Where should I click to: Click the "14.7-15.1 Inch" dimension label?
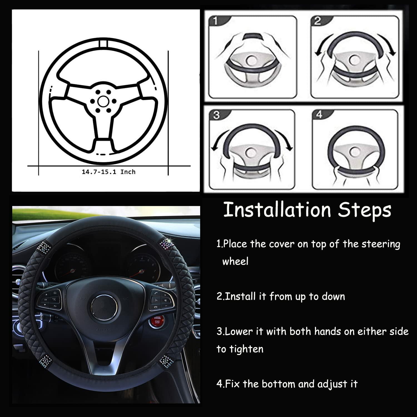pyautogui.click(x=108, y=172)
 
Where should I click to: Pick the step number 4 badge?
pyautogui.click(x=319, y=114)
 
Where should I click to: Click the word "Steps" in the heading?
pyautogui.click(x=364, y=211)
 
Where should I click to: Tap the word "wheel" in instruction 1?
pyautogui.click(x=235, y=261)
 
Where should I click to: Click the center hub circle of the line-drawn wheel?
pyautogui.click(x=103, y=102)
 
